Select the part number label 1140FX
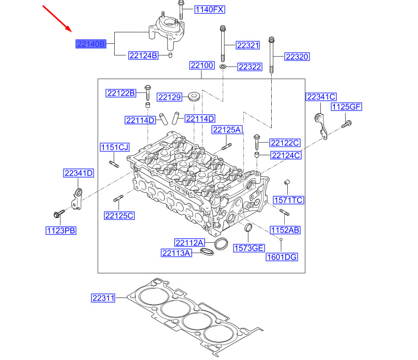tap(210, 10)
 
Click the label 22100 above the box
tap(202, 66)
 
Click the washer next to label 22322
tap(223, 67)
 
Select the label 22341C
tap(321, 97)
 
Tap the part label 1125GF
tap(346, 107)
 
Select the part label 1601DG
tap(282, 257)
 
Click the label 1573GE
tap(249, 247)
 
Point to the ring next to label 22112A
tap(221, 243)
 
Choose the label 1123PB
tap(60, 231)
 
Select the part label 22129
tap(170, 97)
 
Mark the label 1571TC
tap(288, 200)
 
